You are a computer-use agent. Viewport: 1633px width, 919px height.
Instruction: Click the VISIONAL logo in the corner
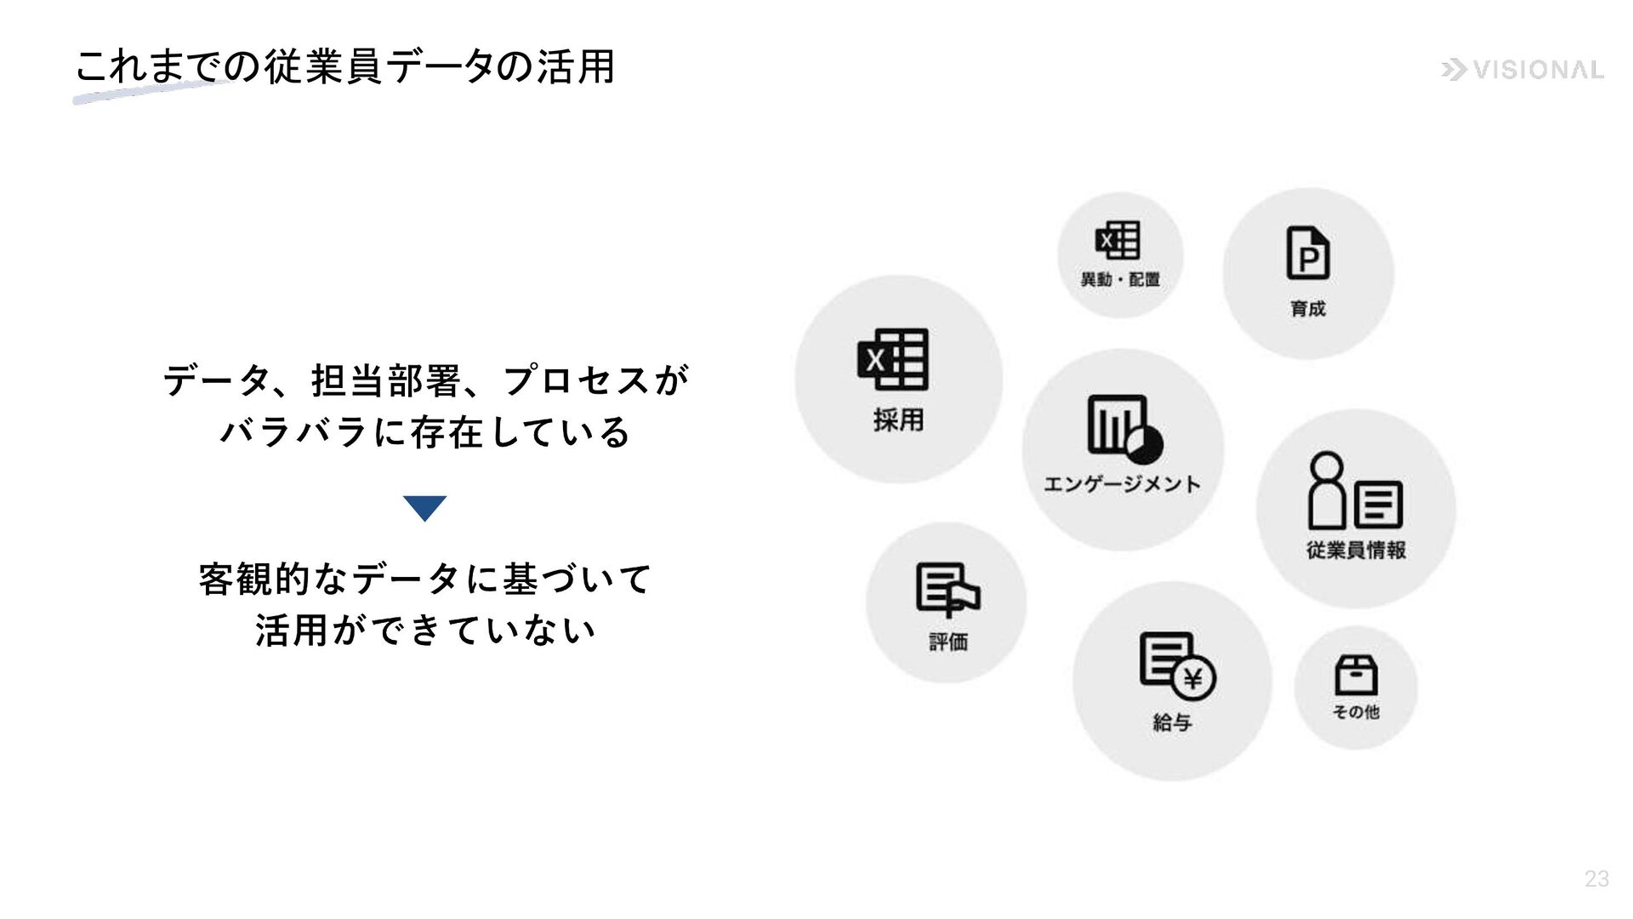1522,70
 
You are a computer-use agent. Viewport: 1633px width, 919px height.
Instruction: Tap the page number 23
1596,879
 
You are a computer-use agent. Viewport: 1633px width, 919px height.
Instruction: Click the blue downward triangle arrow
424,508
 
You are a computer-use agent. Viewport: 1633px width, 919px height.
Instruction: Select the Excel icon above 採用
893,359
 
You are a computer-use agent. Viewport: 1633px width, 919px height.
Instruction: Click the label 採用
898,420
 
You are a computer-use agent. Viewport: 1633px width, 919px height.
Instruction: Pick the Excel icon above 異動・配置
1118,240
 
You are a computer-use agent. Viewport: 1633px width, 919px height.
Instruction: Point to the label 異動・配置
1120,279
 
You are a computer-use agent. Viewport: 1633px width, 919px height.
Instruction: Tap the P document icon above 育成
1307,253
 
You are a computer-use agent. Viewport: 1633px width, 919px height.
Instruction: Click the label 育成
1307,308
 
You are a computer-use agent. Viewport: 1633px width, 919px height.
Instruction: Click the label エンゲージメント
1122,484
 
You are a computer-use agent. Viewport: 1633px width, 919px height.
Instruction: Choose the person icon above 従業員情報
1327,490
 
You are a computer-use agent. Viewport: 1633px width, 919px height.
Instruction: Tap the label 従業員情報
1356,550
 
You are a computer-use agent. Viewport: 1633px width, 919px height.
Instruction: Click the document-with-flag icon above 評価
947,589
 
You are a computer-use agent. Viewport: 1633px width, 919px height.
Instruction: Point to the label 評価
947,641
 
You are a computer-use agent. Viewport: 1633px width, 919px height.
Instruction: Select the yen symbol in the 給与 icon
1193,679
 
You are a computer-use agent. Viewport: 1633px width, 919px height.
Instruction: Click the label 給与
1172,722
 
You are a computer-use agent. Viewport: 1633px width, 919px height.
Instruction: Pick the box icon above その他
1356,675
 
